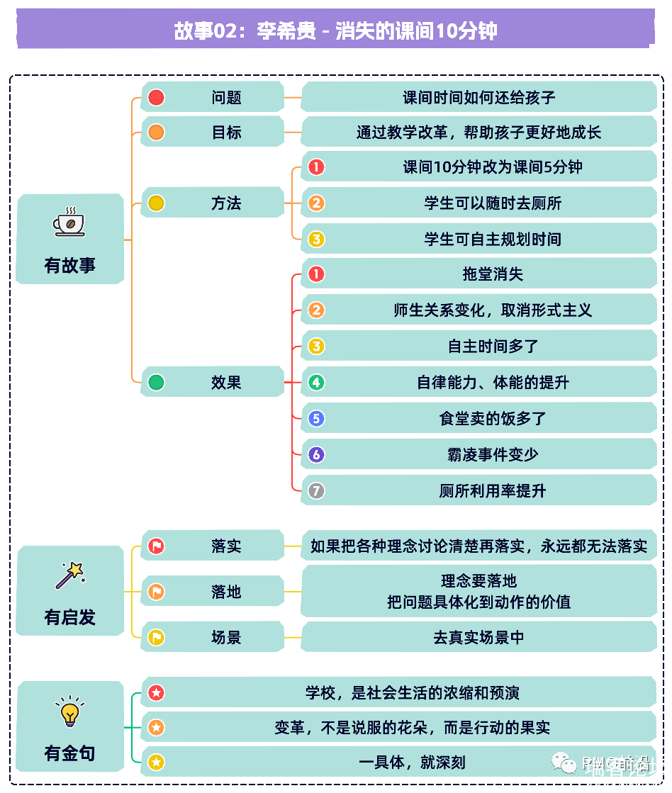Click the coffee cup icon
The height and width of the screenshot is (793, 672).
tap(69, 222)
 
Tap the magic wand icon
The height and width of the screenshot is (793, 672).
tap(69, 575)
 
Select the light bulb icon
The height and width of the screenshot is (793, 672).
tap(69, 712)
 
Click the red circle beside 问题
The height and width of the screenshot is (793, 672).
tap(156, 97)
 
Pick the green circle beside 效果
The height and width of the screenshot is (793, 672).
tap(156, 383)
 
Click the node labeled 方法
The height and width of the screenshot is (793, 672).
tap(226, 203)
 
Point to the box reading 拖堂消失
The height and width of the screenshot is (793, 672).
tap(493, 274)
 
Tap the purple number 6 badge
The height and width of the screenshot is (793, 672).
tap(316, 455)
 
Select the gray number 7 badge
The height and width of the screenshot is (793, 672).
tap(316, 490)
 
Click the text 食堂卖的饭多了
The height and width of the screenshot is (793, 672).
tap(493, 419)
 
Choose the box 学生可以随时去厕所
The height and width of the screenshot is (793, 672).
tap(493, 203)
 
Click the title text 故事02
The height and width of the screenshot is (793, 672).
tap(202, 31)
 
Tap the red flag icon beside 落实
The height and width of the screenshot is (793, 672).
tap(156, 546)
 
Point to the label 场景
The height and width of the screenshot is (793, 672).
tap(226, 637)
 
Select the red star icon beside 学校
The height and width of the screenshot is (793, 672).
tap(156, 692)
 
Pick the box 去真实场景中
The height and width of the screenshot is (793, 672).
tap(478, 637)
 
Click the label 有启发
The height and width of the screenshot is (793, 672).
tap(69, 617)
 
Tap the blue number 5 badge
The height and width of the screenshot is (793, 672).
tap(316, 419)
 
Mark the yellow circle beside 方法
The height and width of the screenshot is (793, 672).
tap(156, 203)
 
